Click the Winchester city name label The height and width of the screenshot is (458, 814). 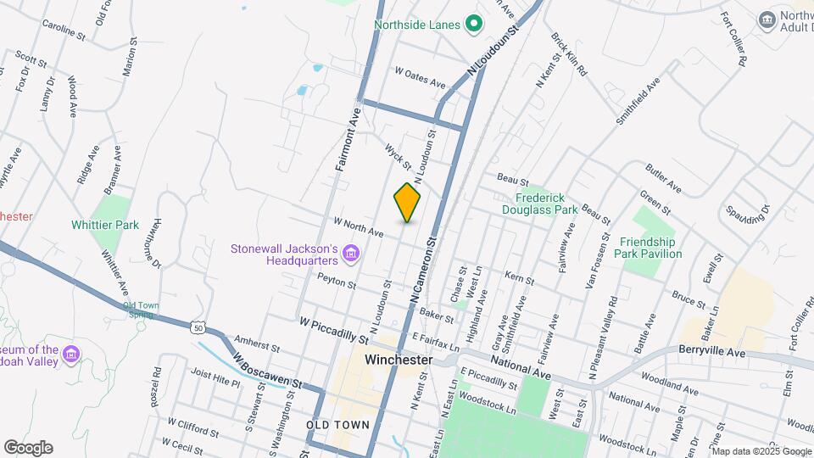click(x=399, y=360)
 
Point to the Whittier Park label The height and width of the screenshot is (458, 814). click(x=105, y=226)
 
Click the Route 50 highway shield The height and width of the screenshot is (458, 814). click(x=198, y=327)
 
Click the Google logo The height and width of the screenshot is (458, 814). click(x=27, y=448)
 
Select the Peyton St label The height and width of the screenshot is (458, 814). click(x=336, y=281)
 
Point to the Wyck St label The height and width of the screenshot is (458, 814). click(x=398, y=155)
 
